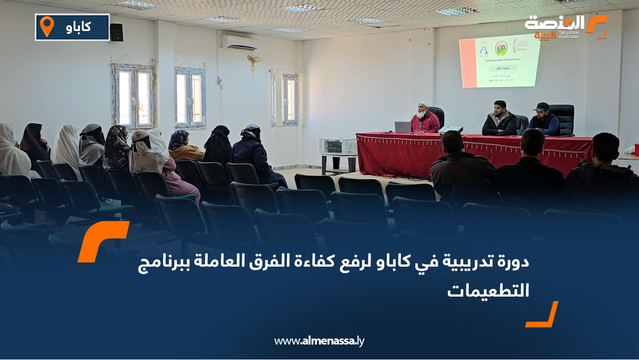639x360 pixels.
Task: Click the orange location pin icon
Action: tap(46, 26)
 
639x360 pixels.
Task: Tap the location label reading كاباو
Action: tap(78, 27)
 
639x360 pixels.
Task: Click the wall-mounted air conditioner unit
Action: tap(239, 42)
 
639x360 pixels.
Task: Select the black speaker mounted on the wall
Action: tap(116, 32)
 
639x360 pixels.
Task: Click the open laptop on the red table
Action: tap(403, 127)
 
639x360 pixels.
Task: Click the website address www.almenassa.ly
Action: tap(319, 341)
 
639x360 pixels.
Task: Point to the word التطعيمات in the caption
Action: tap(488, 290)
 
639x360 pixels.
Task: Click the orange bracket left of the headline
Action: tap(103, 241)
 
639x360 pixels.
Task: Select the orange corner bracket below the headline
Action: tap(542, 315)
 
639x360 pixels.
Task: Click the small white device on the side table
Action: tap(338, 146)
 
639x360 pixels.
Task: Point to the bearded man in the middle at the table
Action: tap(499, 120)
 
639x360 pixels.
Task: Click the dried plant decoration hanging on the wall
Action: tap(254, 61)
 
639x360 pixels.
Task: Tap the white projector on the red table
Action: tap(450, 130)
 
